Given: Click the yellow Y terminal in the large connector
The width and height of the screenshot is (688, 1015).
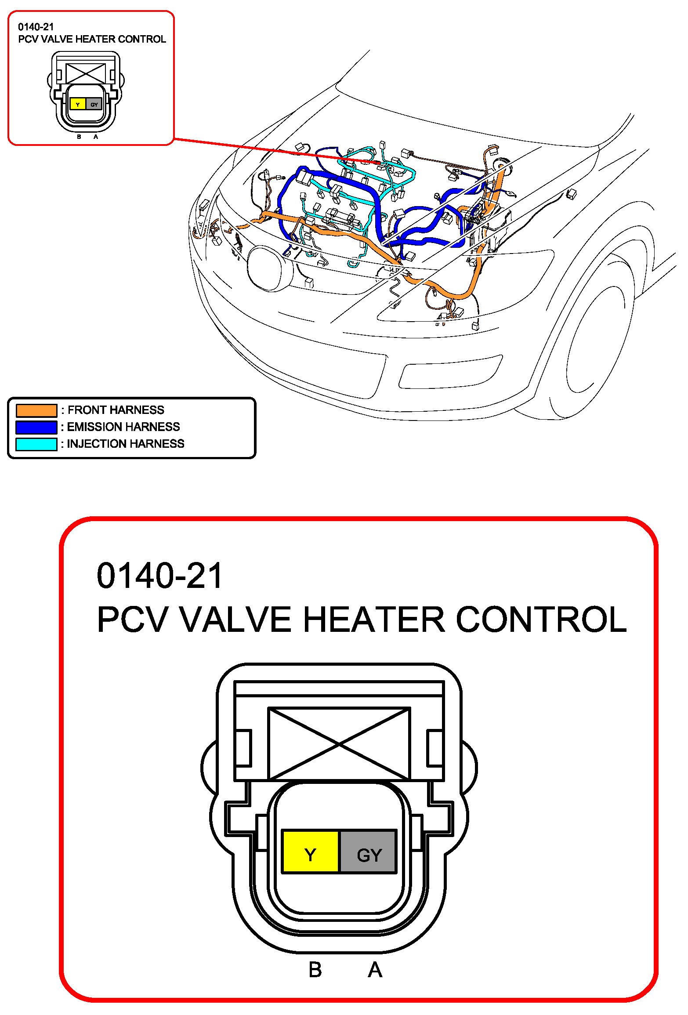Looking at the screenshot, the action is tap(310, 851).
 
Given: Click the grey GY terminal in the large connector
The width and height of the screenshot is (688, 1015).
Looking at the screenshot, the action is tap(368, 851).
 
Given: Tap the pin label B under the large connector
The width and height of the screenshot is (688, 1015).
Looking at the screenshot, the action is tap(315, 970).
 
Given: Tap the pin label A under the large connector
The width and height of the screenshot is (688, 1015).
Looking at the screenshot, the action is tap(375, 970).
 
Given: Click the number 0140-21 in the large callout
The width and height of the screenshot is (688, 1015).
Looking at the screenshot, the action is tap(159, 576).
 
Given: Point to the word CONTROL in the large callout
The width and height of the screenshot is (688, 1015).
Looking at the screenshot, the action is tap(541, 620).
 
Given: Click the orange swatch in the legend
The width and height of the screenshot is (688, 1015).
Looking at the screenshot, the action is tap(36, 410).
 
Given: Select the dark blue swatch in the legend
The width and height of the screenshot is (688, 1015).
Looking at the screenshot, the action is tap(36, 427).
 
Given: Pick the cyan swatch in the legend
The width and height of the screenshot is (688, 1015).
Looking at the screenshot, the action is tap(36, 444).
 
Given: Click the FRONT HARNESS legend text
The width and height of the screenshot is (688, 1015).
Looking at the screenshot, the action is tap(116, 410).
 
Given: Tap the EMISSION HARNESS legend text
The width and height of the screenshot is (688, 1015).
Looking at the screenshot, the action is tap(123, 427).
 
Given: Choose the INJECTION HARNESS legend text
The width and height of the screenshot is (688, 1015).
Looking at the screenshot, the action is tap(126, 444).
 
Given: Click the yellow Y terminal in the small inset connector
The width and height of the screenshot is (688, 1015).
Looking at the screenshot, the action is tap(78, 104).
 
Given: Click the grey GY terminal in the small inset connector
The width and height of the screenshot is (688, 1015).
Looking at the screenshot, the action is tap(94, 104).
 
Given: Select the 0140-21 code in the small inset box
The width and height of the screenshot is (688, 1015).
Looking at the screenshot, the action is tap(36, 27).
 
